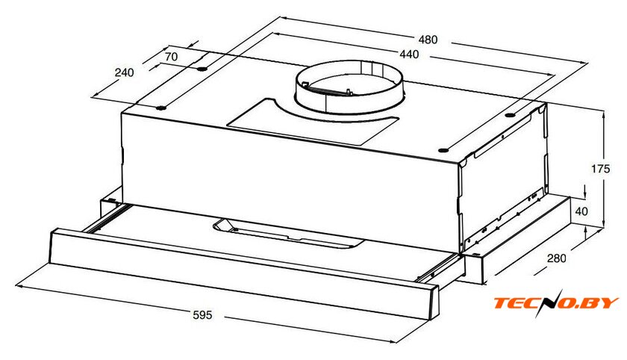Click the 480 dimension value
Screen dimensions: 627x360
tap(428, 40)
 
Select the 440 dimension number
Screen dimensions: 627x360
tap(409, 54)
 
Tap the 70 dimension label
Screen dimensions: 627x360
tap(171, 57)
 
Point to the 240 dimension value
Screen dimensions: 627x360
tap(125, 72)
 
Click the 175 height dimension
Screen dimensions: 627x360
tap(601, 169)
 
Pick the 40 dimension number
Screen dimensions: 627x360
tap(581, 211)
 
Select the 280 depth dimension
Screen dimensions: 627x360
tap(557, 258)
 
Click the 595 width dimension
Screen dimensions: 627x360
tap(203, 315)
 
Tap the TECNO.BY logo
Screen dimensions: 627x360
tap(556, 302)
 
